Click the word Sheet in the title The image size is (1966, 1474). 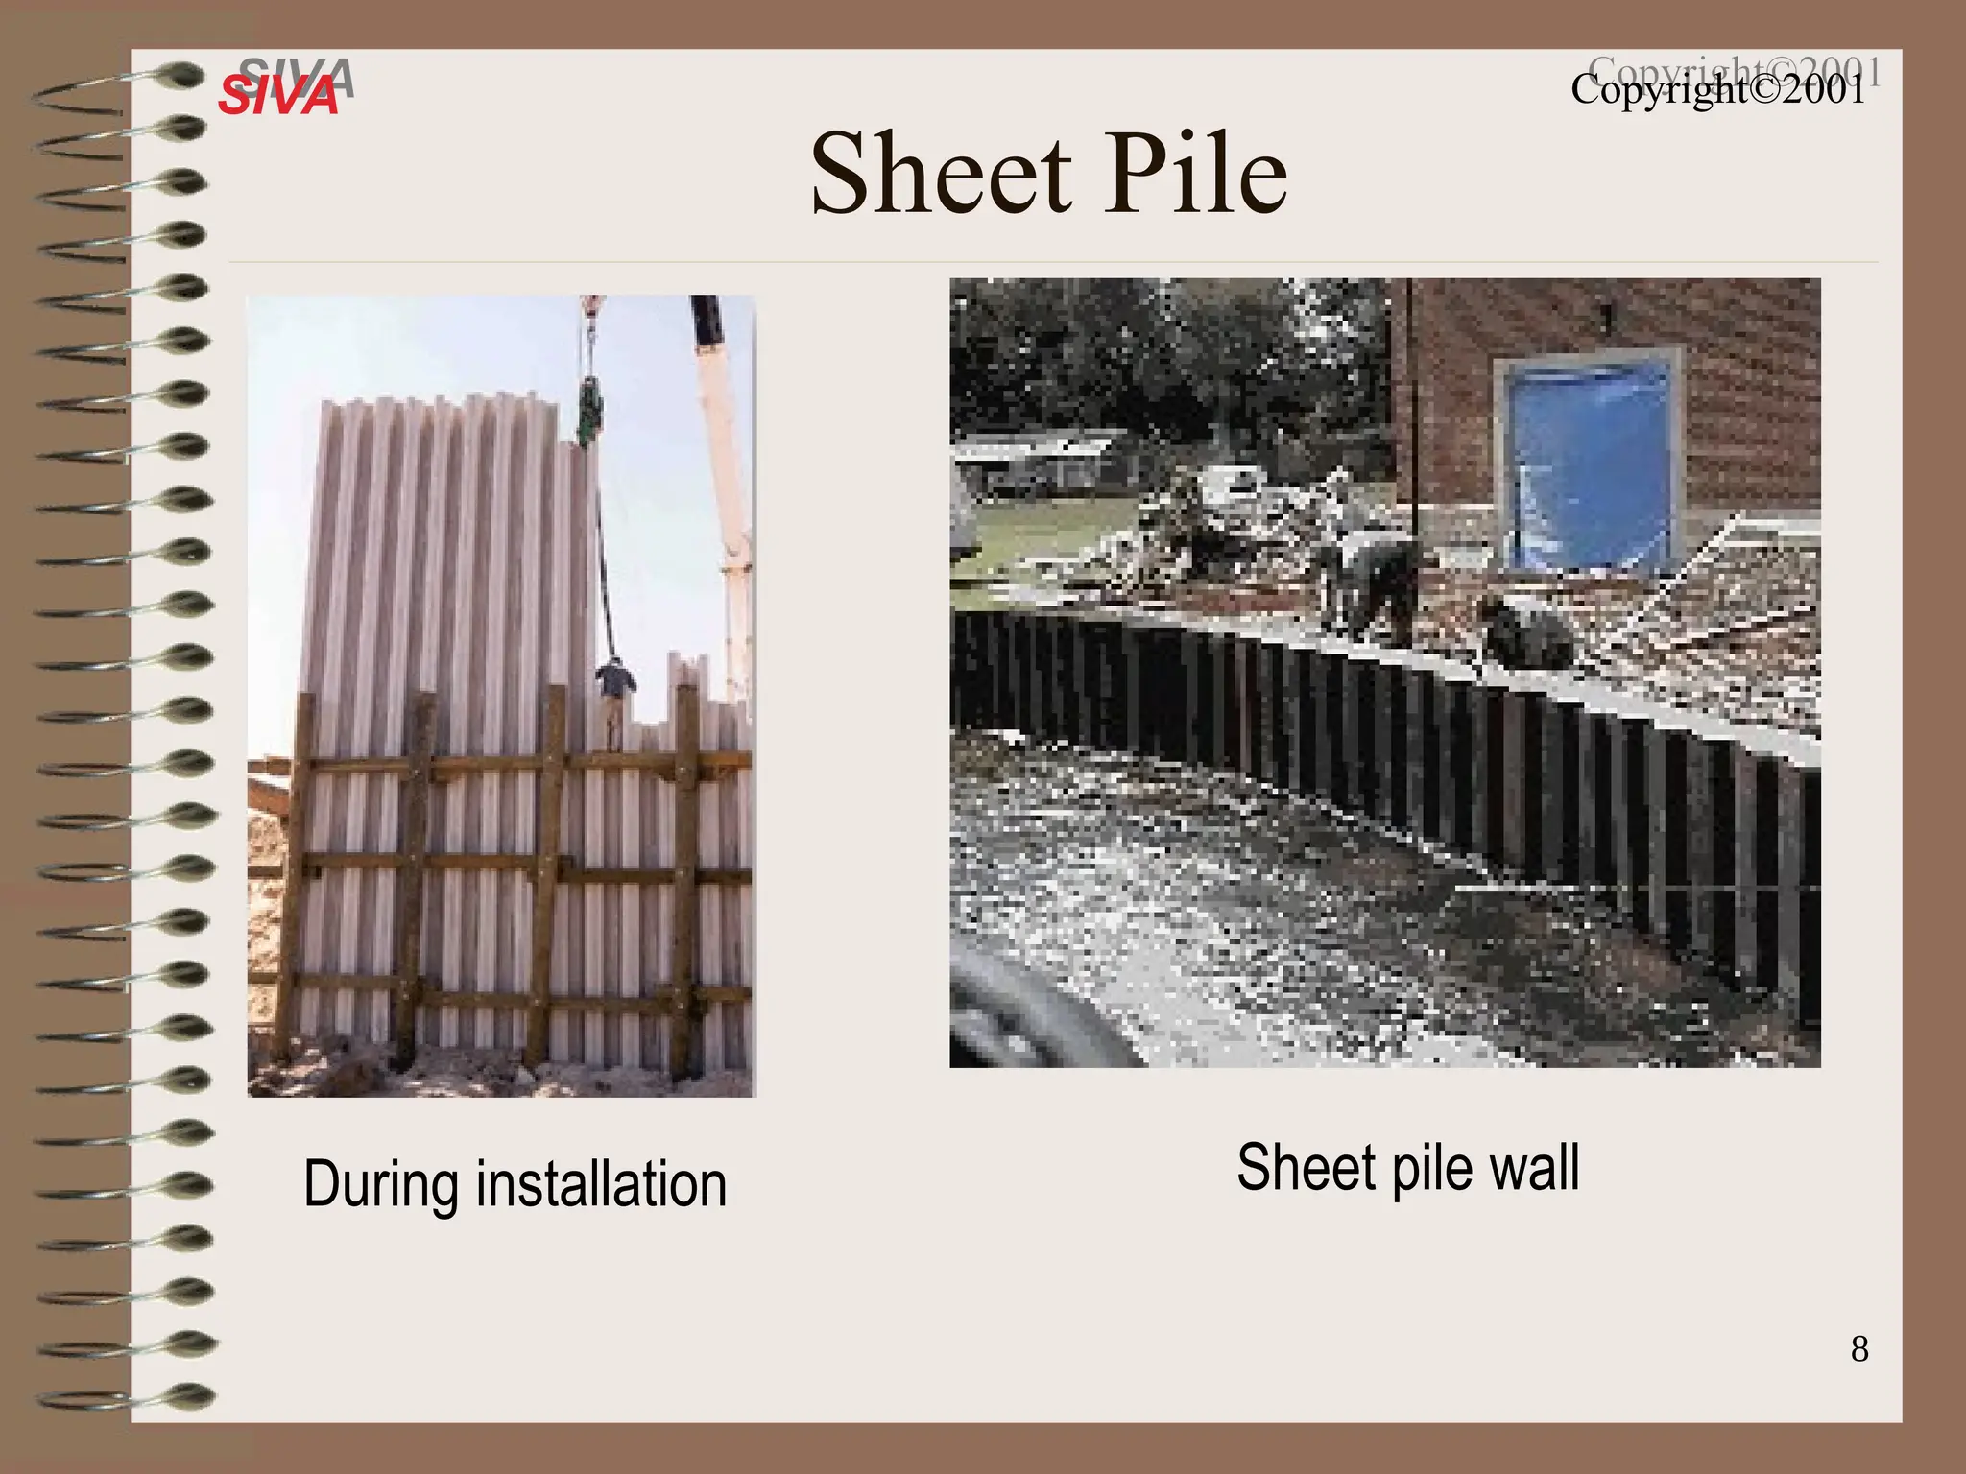(940, 175)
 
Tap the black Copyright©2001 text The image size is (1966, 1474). (1717, 90)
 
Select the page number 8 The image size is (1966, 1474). (1859, 1349)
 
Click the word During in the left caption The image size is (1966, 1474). (382, 1184)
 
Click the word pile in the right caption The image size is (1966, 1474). (1429, 1168)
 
